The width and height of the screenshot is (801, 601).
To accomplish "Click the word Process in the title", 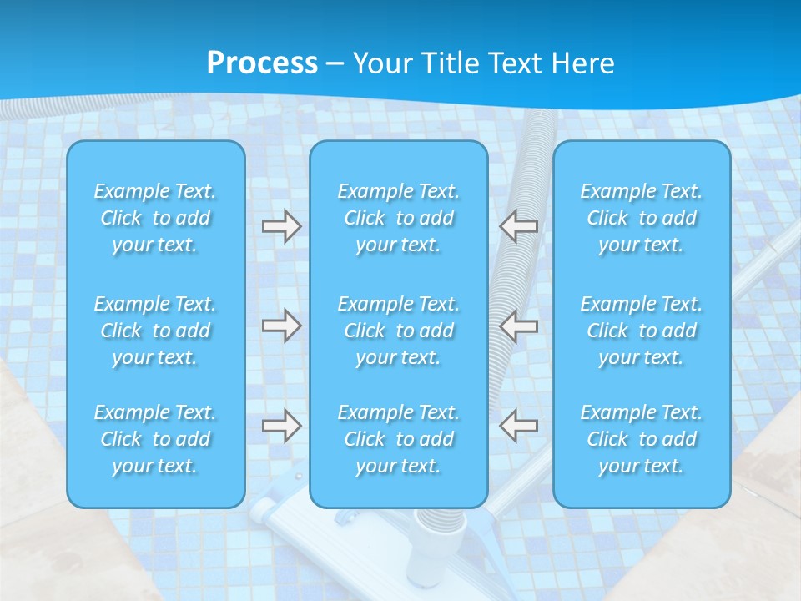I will click(x=262, y=63).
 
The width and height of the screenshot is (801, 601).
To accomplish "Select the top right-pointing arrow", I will click(x=281, y=225).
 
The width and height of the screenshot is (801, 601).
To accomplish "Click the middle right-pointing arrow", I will click(x=281, y=325).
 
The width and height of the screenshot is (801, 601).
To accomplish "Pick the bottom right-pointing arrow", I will click(x=281, y=426).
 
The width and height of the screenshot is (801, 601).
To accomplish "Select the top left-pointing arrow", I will click(x=519, y=225).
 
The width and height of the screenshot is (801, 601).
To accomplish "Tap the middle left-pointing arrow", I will click(x=519, y=325).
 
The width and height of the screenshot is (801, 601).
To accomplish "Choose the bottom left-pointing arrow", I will click(x=519, y=426).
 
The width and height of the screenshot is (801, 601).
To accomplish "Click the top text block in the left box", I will click(x=155, y=218).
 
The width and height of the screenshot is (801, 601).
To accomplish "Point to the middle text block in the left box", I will click(x=155, y=331).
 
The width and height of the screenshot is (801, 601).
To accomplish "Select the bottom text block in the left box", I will click(x=155, y=439).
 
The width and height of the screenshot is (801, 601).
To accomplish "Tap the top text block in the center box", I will click(x=399, y=218).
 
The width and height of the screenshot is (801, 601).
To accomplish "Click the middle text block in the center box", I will click(x=399, y=331).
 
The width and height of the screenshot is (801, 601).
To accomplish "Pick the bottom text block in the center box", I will click(x=399, y=439).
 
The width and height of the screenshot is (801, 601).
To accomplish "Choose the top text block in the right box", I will click(x=642, y=218).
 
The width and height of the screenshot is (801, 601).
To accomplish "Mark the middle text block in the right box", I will click(x=642, y=331).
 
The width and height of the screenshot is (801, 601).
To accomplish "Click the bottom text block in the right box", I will click(x=642, y=439).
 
